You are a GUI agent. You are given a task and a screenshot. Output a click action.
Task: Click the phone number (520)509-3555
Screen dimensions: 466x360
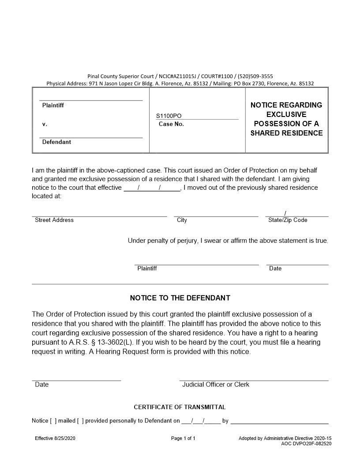pos(257,76)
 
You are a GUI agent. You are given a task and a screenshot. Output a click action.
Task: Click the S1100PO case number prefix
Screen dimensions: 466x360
pos(169,116)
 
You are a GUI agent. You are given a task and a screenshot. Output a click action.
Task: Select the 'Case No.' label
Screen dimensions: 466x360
pos(171,124)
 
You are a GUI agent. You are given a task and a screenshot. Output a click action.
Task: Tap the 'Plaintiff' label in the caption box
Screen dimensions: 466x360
pos(53,105)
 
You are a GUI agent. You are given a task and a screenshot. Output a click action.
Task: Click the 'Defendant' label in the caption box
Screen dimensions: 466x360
pos(56,142)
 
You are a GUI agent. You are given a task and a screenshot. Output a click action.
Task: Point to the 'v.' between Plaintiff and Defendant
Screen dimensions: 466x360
pos(45,124)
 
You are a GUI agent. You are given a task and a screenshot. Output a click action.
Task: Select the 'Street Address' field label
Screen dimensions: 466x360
pos(54,220)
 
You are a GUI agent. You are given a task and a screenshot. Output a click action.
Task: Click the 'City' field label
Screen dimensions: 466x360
pos(182,220)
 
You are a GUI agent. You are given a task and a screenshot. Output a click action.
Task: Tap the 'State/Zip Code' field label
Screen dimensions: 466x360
pos(288,220)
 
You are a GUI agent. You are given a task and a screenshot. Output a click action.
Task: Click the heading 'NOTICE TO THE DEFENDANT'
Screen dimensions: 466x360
pos(180,298)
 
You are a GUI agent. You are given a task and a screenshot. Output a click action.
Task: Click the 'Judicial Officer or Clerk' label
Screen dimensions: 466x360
pos(216,384)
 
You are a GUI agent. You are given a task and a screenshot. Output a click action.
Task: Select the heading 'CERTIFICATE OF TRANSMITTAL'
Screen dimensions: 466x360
pos(180,407)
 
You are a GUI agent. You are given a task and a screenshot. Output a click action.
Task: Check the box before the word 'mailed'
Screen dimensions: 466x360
pos(53,421)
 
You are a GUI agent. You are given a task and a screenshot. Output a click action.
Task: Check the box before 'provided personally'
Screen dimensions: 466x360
pos(80,421)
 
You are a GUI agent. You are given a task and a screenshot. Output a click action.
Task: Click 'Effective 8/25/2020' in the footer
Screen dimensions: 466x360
pos(58,438)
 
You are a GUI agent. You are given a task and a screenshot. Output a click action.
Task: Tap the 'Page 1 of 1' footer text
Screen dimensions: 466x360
pos(183,438)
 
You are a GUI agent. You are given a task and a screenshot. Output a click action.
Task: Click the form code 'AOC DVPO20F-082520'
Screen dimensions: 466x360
pos(306,443)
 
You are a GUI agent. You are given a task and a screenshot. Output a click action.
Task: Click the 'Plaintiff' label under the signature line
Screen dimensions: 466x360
pos(147,268)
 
